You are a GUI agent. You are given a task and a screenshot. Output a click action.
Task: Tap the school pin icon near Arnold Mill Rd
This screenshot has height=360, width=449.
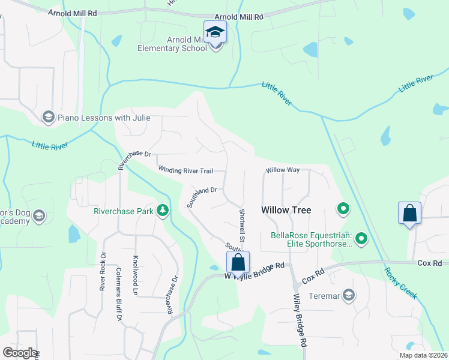click(x=215, y=32)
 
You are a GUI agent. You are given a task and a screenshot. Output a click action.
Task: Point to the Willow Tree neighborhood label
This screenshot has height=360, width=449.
click(x=286, y=210)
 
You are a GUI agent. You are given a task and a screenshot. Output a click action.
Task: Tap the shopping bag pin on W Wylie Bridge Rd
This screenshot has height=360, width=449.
click(x=238, y=262)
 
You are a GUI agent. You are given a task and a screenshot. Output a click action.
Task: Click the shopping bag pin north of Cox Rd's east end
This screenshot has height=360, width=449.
click(x=409, y=213)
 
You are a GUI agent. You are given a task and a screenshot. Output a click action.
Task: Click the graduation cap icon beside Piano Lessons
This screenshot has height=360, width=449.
click(x=48, y=116)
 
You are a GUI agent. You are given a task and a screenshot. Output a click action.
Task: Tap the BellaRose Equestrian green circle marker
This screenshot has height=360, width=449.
click(x=361, y=239)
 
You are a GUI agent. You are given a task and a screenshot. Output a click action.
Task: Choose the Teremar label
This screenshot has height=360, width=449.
click(x=324, y=295)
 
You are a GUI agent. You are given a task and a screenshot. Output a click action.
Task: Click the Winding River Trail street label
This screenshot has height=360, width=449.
click(x=185, y=171)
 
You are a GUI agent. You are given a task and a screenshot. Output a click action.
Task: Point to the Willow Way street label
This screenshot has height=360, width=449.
click(x=283, y=170)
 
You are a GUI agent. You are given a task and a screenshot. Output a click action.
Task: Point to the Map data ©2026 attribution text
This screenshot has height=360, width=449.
click(x=423, y=355)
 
